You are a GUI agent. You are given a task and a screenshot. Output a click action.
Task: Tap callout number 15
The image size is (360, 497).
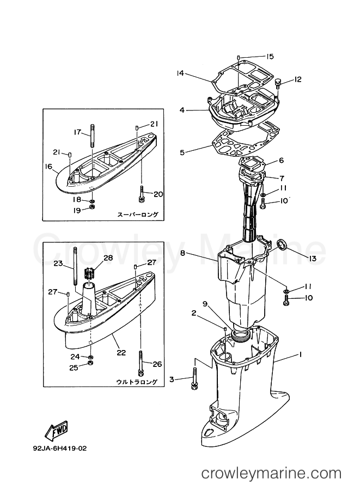click(x=270, y=56)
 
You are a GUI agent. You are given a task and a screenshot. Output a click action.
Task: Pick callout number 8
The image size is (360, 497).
click(x=183, y=253)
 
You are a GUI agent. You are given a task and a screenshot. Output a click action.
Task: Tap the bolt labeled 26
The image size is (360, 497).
click(x=141, y=364)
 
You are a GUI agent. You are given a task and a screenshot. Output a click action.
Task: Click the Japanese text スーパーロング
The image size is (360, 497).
click(x=137, y=214)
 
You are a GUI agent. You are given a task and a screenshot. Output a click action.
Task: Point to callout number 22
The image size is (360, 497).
click(x=118, y=352)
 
